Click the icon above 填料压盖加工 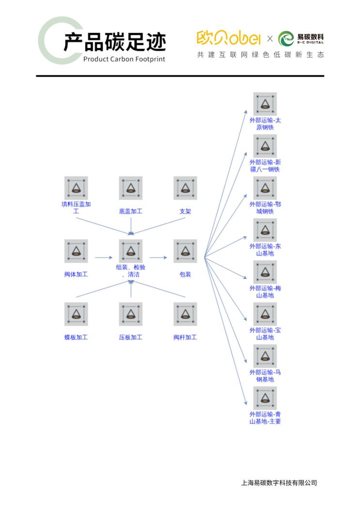(76, 188)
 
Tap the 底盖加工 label (131, 211)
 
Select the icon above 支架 (185, 188)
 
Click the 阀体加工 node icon (76, 251)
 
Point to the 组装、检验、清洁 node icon (131, 251)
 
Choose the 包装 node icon (185, 251)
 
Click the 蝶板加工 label (76, 337)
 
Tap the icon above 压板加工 (131, 314)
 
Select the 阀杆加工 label (185, 337)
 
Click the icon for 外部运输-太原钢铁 (265, 104)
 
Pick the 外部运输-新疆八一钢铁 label (265, 166)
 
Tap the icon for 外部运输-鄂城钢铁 (265, 188)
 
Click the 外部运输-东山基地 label (265, 250)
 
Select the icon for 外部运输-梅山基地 (265, 272)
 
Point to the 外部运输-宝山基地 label (265, 334)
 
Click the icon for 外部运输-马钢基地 (265, 356)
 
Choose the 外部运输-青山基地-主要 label (265, 418)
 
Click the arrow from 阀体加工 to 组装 (104, 257)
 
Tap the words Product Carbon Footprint (124, 59)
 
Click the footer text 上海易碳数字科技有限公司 (279, 483)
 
